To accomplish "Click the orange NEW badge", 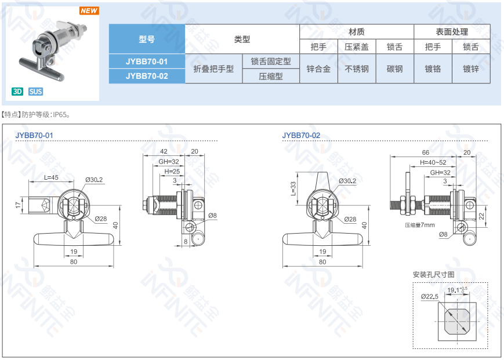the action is click(89, 10).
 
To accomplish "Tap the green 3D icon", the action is click(17, 92).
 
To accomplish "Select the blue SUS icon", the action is click(35, 92).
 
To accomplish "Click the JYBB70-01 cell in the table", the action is click(147, 61).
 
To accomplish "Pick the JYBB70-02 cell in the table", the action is click(147, 76).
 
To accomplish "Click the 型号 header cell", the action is click(147, 39).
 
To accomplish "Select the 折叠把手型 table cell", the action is click(213, 69).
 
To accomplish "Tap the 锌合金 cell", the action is click(318, 69).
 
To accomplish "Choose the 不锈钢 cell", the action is click(357, 69).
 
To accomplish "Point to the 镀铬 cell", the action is click(433, 69).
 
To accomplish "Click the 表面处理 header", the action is click(452, 32).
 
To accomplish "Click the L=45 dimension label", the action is click(51, 177).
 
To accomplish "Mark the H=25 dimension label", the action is click(172, 172).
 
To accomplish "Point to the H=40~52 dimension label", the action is click(433, 162).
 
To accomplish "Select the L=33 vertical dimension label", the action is click(293, 188).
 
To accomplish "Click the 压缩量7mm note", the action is click(420, 225).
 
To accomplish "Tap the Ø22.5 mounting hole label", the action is click(430, 296).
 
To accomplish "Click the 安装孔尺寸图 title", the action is click(434, 275).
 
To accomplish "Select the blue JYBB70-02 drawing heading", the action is click(301, 136).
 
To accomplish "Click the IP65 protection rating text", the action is click(60, 115).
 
